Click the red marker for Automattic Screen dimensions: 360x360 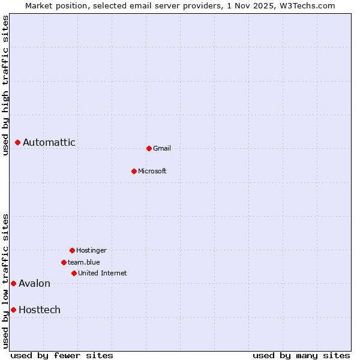18,143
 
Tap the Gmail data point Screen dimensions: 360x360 149,148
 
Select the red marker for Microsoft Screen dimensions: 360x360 134,171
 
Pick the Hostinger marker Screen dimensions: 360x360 72,250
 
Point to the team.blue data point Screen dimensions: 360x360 64,262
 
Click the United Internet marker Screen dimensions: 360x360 74,273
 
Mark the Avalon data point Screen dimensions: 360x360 13,283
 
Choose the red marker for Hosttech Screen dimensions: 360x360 13,310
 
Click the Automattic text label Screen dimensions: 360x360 49,143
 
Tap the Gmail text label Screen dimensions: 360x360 162,148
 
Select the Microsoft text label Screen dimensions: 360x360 152,171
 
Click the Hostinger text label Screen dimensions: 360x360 91,250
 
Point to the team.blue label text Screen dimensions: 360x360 84,262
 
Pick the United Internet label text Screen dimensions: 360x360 103,273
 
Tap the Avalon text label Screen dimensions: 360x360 35,283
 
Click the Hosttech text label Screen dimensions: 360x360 40,310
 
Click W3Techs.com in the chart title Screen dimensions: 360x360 309,5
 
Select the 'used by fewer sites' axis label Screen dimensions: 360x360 62,355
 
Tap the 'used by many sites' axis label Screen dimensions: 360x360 301,355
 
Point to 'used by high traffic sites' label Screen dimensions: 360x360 6,85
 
